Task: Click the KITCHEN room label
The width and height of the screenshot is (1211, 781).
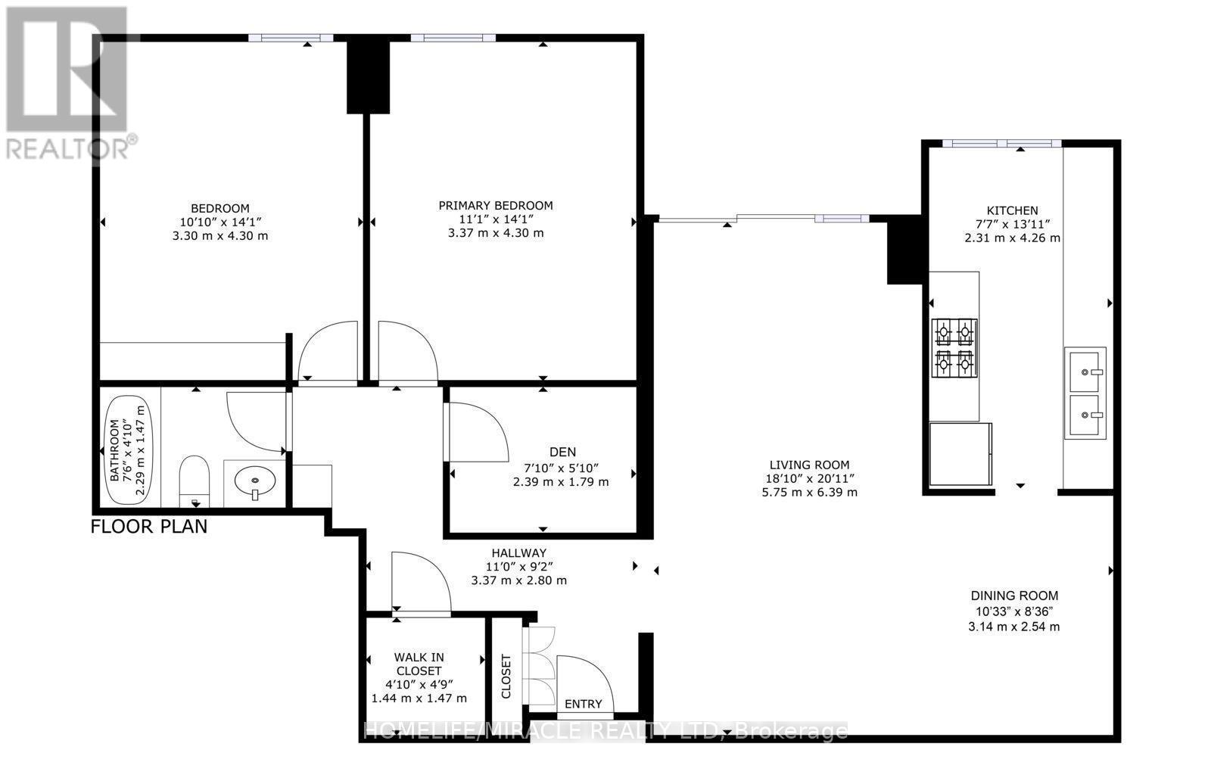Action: [1011, 210]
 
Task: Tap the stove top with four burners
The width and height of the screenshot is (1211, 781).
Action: [954, 347]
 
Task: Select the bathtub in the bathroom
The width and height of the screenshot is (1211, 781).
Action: [127, 451]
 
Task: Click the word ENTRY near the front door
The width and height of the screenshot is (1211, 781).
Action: [583, 704]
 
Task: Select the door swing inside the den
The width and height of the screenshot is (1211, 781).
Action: [478, 431]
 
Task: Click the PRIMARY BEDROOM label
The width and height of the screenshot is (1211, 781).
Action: [496, 205]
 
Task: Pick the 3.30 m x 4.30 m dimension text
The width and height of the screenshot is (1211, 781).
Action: [220, 235]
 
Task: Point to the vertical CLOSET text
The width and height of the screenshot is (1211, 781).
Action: [506, 676]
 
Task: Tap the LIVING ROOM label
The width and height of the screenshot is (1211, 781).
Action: [809, 465]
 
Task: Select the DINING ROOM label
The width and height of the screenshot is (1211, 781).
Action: [1014, 596]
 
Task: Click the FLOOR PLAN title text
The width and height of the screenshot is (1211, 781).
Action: [149, 526]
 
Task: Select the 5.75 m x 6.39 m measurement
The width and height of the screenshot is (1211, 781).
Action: [810, 492]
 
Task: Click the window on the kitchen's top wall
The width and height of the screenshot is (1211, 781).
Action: [1001, 143]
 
